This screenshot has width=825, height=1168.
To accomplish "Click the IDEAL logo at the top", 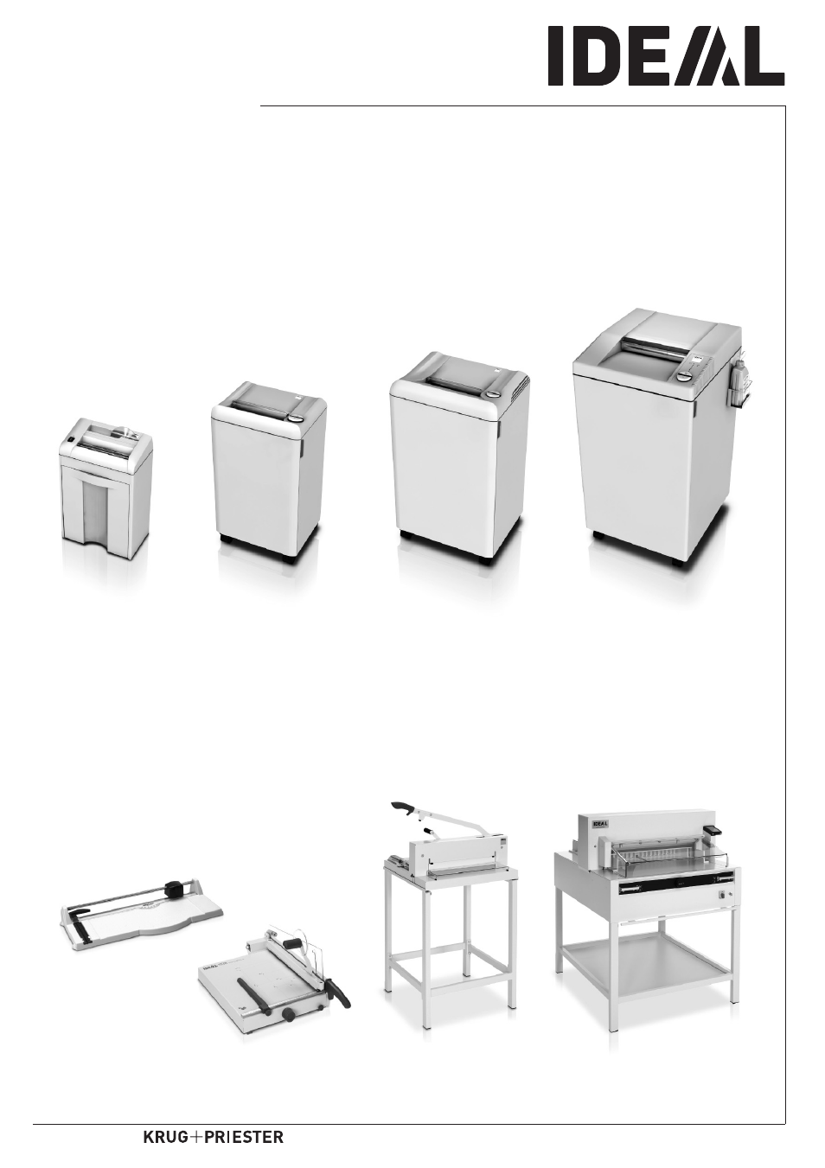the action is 665,56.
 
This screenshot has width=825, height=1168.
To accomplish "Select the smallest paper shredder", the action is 106,488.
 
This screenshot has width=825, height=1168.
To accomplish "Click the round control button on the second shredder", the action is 296,418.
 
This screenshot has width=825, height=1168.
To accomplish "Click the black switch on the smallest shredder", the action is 71,446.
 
